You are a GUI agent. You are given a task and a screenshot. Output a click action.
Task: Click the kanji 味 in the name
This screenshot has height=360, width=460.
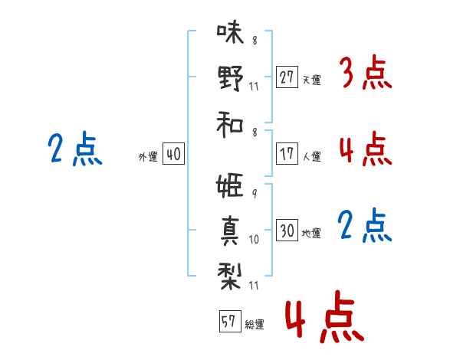pyautogui.click(x=230, y=32)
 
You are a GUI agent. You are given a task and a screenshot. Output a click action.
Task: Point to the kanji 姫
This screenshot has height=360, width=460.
pyautogui.click(x=230, y=186)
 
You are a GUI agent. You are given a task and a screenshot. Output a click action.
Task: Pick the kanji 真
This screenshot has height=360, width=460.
pyautogui.click(x=230, y=230)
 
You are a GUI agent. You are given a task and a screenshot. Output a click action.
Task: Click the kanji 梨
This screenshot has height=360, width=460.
pyautogui.click(x=230, y=274)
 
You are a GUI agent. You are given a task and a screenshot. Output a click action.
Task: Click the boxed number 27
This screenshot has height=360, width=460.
pyautogui.click(x=287, y=77)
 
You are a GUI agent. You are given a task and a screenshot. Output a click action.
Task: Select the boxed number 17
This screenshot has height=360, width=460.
pyautogui.click(x=287, y=153)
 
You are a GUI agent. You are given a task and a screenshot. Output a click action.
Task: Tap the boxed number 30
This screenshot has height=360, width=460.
pyautogui.click(x=287, y=231)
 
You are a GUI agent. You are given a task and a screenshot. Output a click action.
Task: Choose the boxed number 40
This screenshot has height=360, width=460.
pyautogui.click(x=173, y=155)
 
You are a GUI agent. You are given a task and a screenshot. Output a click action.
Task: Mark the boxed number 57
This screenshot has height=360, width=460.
pyautogui.click(x=228, y=322)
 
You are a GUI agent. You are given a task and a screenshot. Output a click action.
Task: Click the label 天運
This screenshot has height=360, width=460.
pyautogui.click(x=311, y=80)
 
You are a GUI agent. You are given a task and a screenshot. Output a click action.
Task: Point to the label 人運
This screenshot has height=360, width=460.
pyautogui.click(x=311, y=156)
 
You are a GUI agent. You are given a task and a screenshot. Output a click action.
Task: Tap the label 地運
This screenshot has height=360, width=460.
pyautogui.click(x=311, y=233)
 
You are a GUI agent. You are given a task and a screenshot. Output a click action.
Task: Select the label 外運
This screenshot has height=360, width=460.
pyautogui.click(x=148, y=157)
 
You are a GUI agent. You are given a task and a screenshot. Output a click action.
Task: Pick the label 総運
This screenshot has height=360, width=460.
pyautogui.click(x=254, y=324)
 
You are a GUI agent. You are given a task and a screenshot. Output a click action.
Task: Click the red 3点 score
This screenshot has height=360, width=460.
pyautogui.click(x=366, y=74)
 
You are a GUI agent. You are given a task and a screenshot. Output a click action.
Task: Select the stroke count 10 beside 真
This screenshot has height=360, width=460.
pyautogui.click(x=255, y=239)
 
